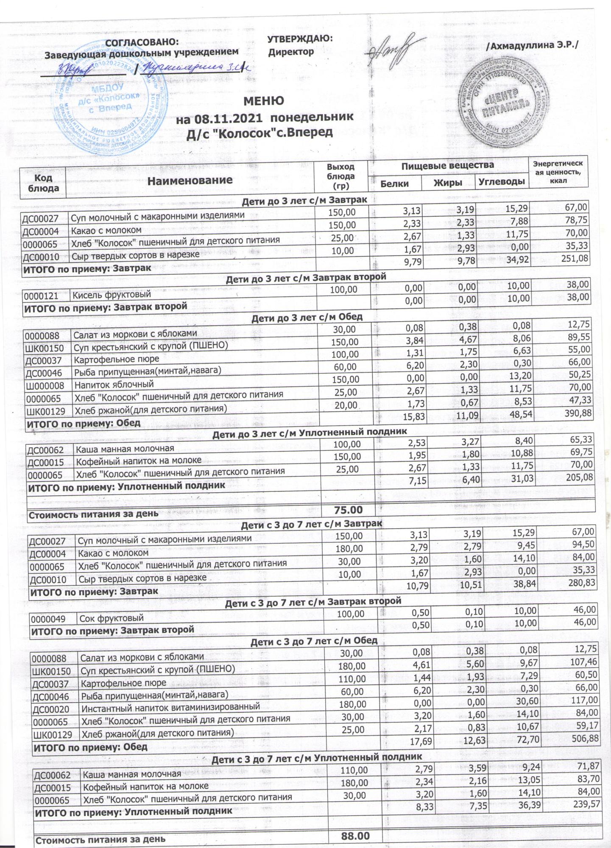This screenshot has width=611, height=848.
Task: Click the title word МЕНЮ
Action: pyautogui.click(x=263, y=101)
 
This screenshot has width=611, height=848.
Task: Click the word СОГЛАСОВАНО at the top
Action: pyautogui.click(x=141, y=42)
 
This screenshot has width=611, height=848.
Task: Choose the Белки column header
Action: pyautogui.click(x=394, y=183)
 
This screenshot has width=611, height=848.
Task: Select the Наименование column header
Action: pyautogui.click(x=190, y=180)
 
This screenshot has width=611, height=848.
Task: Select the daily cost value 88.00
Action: pyautogui.click(x=355, y=836)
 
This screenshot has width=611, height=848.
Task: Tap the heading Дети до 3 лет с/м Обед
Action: pyautogui.click(x=307, y=317)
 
